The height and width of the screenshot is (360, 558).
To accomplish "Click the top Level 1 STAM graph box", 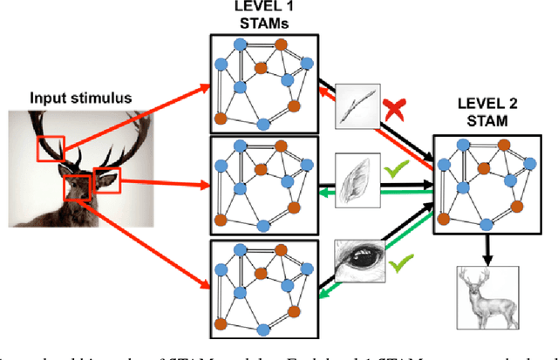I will pos(262,84).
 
